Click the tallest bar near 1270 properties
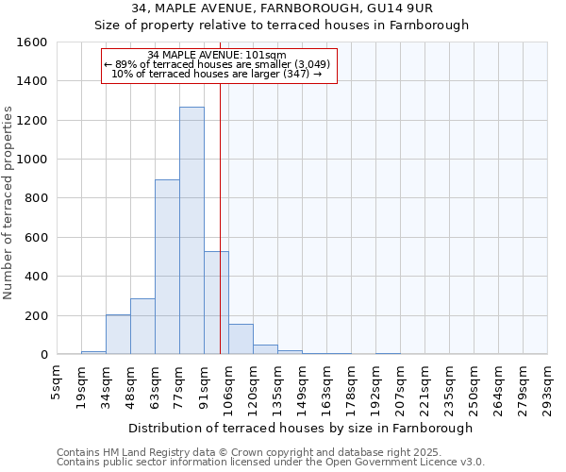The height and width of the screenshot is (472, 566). click(191, 230)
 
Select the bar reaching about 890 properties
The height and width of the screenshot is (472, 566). click(167, 267)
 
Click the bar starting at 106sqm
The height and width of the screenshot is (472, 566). click(241, 340)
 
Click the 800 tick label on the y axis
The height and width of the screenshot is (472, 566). click(36, 198)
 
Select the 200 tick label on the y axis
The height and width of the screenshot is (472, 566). click(36, 315)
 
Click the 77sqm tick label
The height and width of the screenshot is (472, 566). click(180, 380)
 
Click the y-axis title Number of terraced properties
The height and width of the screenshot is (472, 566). click(9, 203)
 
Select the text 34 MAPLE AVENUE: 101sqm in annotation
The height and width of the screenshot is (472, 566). click(218, 56)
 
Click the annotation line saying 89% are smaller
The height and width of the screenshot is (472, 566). click(218, 65)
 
